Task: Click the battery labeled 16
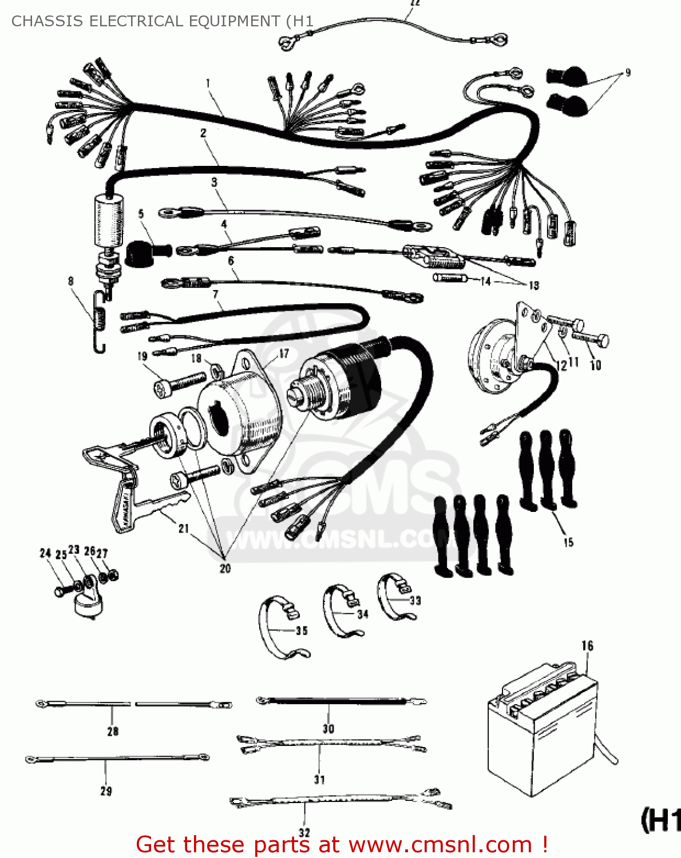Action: click(x=541, y=732)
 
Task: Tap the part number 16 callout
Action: click(x=587, y=646)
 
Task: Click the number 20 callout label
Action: click(x=225, y=568)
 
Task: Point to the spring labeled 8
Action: click(x=101, y=323)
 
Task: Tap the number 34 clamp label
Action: click(x=363, y=614)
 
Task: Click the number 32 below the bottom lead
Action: click(x=304, y=833)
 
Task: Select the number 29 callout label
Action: click(x=106, y=791)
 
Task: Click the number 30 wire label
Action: click(x=328, y=728)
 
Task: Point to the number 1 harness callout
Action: click(x=208, y=83)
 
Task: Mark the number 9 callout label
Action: click(x=628, y=73)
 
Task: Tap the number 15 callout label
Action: click(x=568, y=542)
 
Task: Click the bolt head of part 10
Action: click(x=602, y=341)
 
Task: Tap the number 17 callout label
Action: click(x=284, y=353)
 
